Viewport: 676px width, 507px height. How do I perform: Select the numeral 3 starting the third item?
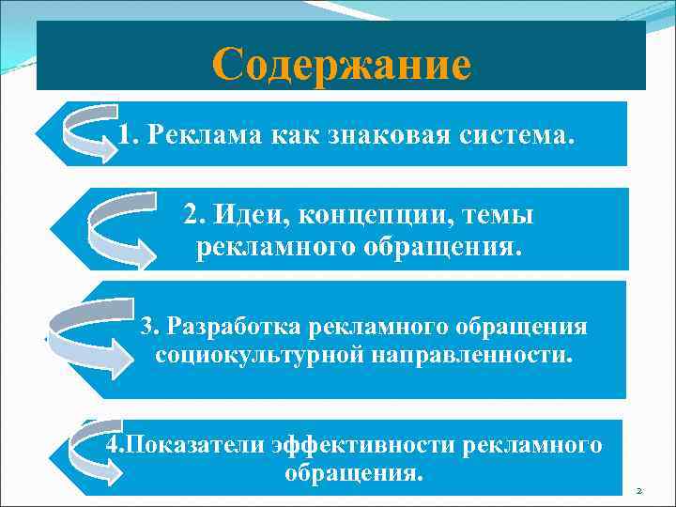coord(146,327)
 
